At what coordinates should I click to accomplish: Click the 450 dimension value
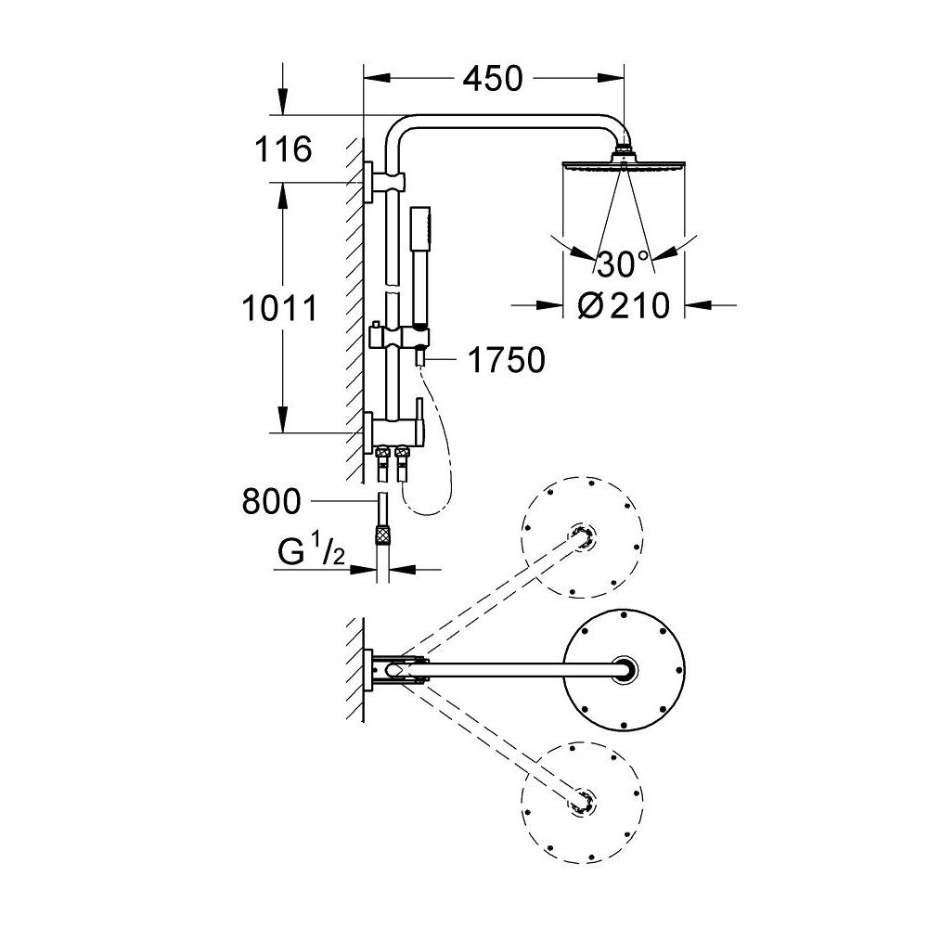click(x=493, y=80)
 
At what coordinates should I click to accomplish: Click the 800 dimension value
click(x=271, y=502)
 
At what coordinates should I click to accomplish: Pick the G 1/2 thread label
click(x=312, y=554)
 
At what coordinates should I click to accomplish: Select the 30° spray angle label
click(x=623, y=265)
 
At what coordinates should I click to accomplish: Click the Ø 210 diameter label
click(x=623, y=304)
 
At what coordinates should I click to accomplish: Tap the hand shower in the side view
click(x=419, y=264)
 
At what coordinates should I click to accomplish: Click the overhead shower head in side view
click(x=624, y=172)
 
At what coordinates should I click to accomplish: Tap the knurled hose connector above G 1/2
click(x=380, y=535)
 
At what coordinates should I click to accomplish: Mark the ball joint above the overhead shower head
click(x=625, y=148)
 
